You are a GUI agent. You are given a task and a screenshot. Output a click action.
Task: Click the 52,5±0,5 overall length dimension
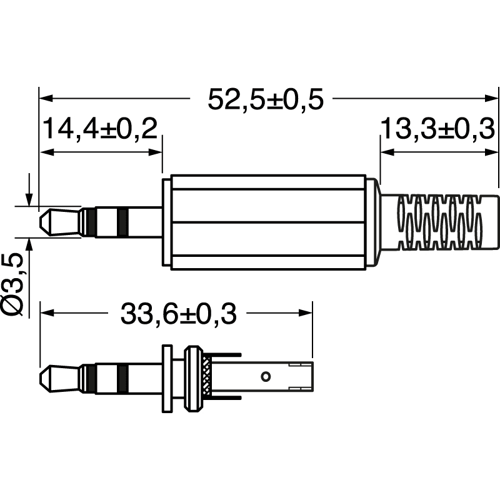click(x=266, y=99)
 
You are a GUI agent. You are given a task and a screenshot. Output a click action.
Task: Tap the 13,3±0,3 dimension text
click(x=438, y=129)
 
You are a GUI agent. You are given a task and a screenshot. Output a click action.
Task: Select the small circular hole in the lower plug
click(x=266, y=376)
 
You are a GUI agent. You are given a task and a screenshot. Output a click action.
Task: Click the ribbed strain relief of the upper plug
click(x=441, y=222)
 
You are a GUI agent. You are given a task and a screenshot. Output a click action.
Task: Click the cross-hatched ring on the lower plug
click(x=207, y=379)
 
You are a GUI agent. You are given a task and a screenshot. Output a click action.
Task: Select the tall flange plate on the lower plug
click(x=167, y=379)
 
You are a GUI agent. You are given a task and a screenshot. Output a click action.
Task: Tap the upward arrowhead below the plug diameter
click(x=29, y=242)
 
